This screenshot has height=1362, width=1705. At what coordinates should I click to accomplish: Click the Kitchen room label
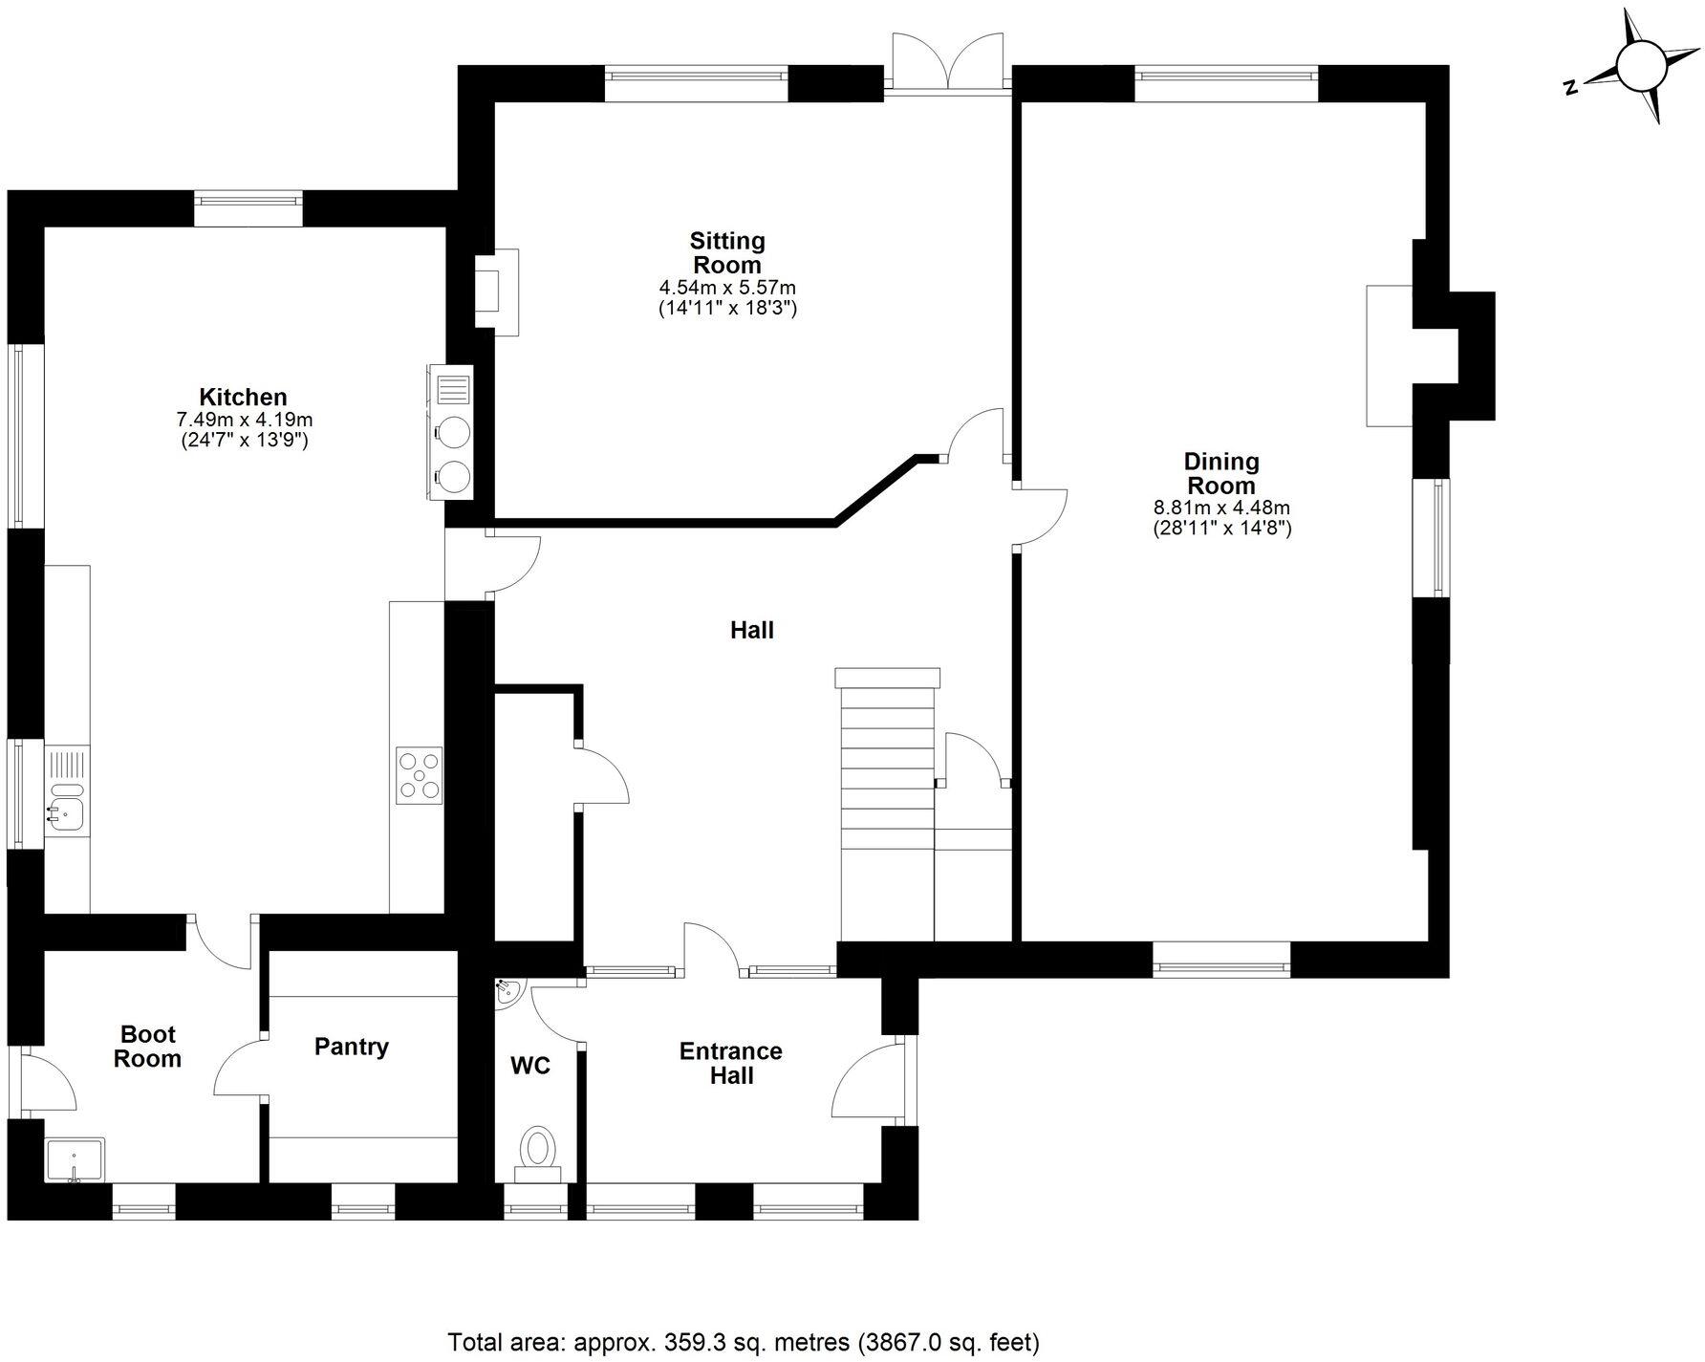pyautogui.click(x=243, y=397)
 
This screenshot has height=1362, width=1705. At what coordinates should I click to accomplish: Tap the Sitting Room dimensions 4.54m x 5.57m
pyautogui.click(x=726, y=288)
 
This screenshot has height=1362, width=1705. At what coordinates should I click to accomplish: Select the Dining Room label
pyautogui.click(x=1221, y=473)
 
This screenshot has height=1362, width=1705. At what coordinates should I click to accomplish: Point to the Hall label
pyautogui.click(x=751, y=630)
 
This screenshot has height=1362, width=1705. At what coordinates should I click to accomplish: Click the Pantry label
pyautogui.click(x=351, y=1047)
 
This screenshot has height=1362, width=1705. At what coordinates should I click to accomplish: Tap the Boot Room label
pyautogui.click(x=147, y=1047)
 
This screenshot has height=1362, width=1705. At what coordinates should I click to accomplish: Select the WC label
pyautogui.click(x=529, y=1065)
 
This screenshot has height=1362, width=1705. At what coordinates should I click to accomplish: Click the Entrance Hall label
pyautogui.click(x=730, y=1063)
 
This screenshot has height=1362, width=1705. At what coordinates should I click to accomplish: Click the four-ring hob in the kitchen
pyautogui.click(x=421, y=775)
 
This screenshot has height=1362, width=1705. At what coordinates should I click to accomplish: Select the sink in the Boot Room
pyautogui.click(x=76, y=1160)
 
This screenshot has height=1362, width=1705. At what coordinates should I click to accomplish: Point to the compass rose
pyautogui.click(x=1641, y=67)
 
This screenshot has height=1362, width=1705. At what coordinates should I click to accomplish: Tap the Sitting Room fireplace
pyautogui.click(x=497, y=292)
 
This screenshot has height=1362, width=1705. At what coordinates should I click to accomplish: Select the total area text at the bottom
pyautogui.click(x=744, y=1342)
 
